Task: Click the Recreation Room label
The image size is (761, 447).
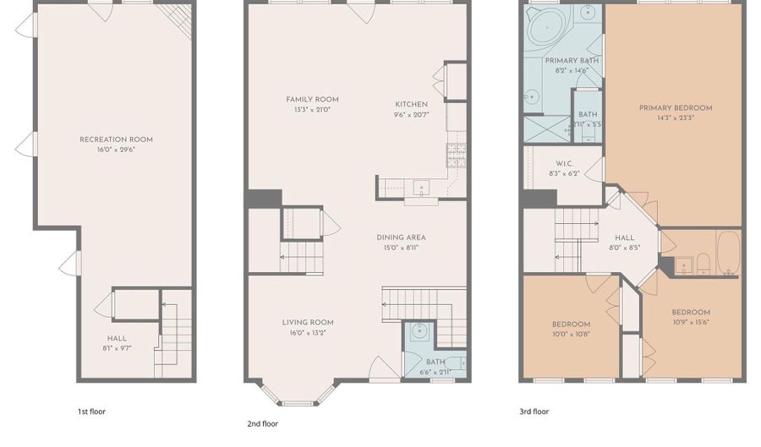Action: point(116,139)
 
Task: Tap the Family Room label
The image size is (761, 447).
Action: point(312,100)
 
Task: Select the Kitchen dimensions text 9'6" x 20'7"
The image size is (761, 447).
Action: point(412,115)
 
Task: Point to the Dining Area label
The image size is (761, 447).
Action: point(401,237)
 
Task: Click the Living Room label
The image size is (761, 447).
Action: point(308,323)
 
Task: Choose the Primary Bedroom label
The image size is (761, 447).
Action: point(676,108)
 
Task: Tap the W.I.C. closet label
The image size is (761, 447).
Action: point(565,164)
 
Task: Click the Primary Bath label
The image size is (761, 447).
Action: point(572,61)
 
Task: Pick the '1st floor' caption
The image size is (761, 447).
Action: point(91,412)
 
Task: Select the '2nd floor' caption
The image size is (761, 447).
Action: point(263,423)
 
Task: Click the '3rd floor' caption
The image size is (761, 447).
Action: point(534,412)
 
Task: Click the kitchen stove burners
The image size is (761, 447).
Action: point(457,155)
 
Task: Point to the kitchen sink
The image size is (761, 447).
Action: point(421,187)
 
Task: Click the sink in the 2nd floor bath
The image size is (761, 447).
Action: point(419,332)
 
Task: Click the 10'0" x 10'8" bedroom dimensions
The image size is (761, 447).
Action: point(572,334)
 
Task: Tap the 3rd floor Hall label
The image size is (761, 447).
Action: point(625,238)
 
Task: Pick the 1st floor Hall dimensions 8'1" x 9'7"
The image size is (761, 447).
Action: point(117,348)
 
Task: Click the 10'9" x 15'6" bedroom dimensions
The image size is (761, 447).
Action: point(691,322)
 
